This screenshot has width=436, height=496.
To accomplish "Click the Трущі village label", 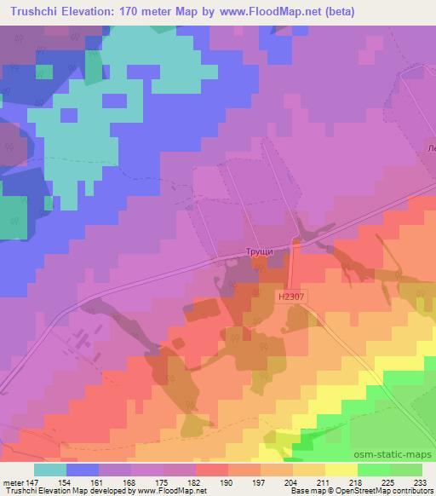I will tap(260, 252).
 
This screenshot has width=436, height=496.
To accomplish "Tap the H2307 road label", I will tap(290, 296).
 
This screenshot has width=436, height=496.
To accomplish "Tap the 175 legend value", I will tap(161, 482).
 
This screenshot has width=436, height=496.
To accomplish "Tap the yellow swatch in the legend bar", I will tap(341, 470).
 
